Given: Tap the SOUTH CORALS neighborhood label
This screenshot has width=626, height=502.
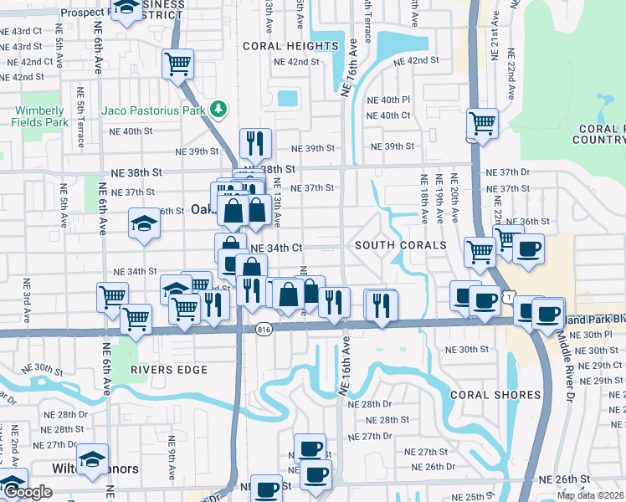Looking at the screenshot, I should click(400, 245).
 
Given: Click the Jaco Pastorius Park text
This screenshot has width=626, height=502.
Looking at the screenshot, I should click(154, 110).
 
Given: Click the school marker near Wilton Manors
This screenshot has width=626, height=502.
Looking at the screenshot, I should click(92, 458).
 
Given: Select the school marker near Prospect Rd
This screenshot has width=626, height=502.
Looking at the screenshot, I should click(126, 8).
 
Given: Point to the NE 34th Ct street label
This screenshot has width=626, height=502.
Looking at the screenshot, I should click(275, 248).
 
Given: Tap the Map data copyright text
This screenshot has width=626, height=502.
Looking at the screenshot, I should click(591, 495).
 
